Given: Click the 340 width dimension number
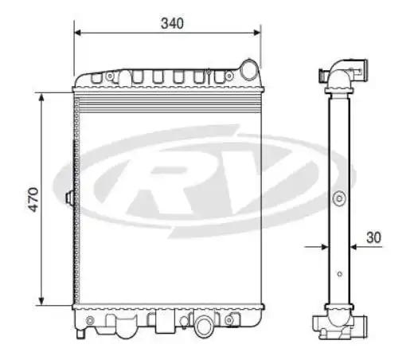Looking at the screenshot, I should pyautogui.click(x=172, y=23).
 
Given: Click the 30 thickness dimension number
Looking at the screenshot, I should pyautogui.click(x=375, y=237).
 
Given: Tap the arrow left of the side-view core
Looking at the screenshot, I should pyautogui.click(x=323, y=247).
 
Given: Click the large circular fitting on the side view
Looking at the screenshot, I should pyautogui.click(x=339, y=198).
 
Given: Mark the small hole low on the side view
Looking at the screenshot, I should pyautogui.click(x=339, y=274).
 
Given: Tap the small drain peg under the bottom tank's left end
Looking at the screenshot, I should pyautogui.click(x=90, y=321).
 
